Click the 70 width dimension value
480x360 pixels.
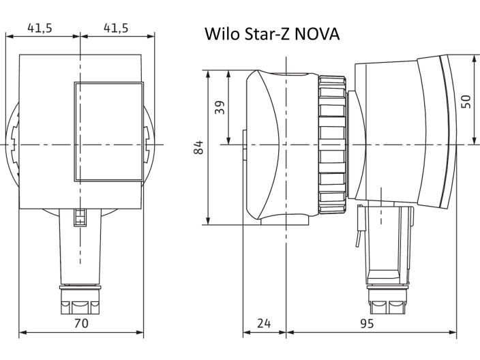pos(80,325)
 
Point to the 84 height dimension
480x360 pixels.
pos(198,147)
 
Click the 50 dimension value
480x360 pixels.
pos(465,101)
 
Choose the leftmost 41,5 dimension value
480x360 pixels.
pos(41,28)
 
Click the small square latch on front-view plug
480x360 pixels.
pos(80,217)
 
